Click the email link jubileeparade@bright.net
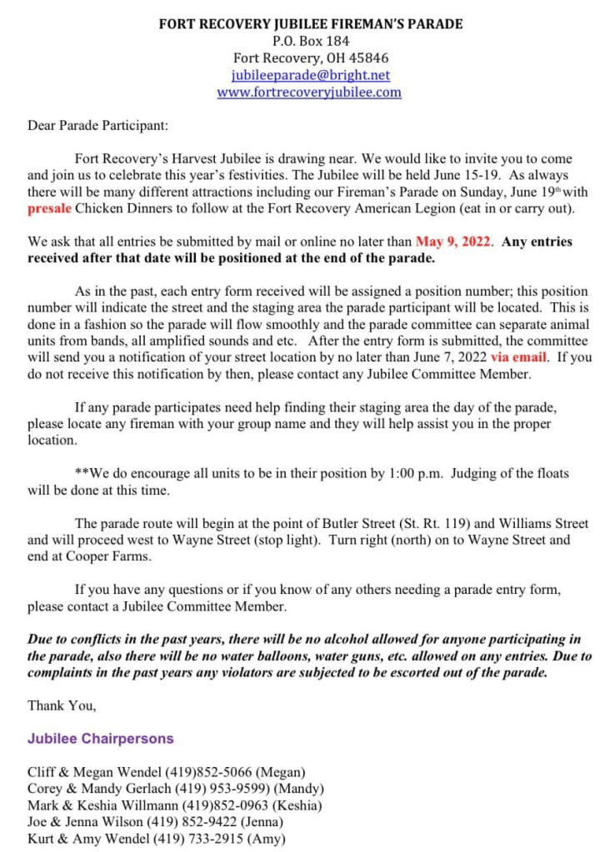click(309, 75)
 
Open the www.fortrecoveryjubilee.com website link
click(309, 92)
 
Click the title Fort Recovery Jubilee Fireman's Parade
click(310, 24)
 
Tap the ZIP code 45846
click(369, 58)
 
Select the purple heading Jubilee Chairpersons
click(101, 739)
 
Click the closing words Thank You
click(61, 705)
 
